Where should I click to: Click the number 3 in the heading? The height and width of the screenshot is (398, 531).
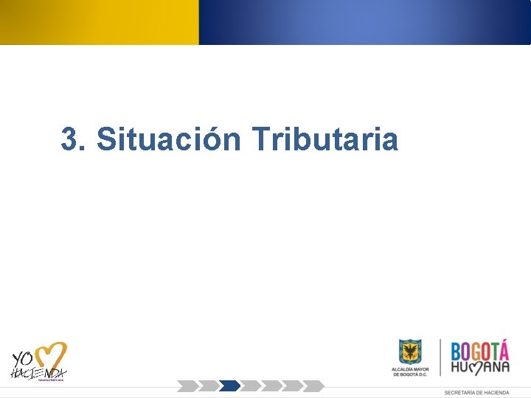[x=70, y=139]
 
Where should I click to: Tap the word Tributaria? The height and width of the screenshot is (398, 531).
[x=324, y=139]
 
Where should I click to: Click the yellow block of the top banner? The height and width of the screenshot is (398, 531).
[x=99, y=22]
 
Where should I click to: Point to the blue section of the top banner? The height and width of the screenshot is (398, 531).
[x=364, y=22]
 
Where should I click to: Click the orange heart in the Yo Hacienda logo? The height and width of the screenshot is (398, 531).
[x=51, y=356]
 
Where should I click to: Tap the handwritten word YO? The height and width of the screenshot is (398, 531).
[x=23, y=359]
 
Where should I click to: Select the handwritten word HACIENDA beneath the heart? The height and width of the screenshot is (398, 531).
[x=38, y=373]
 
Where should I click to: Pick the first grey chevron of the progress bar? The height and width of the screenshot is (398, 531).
[x=187, y=385]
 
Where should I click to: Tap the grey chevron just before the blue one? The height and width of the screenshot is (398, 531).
[x=209, y=385]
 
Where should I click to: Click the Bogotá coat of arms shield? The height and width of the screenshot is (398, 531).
[x=410, y=352]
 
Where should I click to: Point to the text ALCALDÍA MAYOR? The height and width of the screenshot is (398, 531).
[x=410, y=368]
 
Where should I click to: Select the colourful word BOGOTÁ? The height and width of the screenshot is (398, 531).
[x=480, y=350]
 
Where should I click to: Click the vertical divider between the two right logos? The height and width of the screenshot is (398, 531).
[x=440, y=357]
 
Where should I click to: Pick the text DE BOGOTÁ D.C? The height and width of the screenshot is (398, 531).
[x=410, y=374]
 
